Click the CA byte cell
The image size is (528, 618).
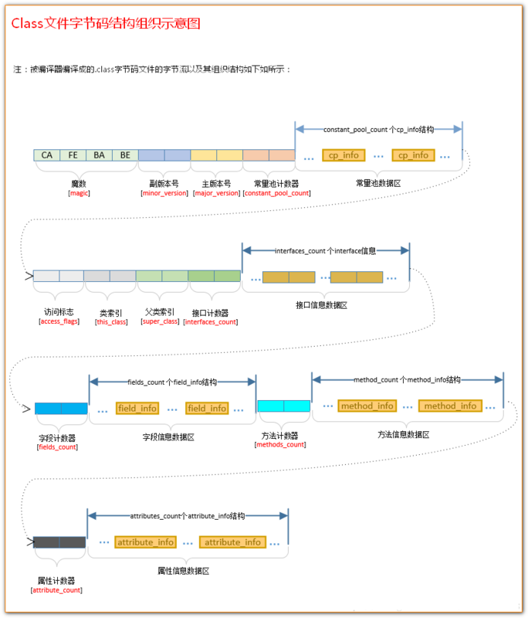(x=47, y=155)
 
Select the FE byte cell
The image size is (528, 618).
(x=73, y=155)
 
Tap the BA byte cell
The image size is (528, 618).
(x=99, y=155)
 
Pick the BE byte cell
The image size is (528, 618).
(x=125, y=155)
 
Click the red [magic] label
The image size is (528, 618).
(x=80, y=193)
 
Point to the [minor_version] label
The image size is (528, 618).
(x=164, y=193)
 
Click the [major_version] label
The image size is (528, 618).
(x=216, y=193)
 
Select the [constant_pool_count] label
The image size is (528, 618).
(x=276, y=193)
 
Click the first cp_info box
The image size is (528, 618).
(x=344, y=155)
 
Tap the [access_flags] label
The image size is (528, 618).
(x=59, y=321)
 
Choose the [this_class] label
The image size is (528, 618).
(x=110, y=321)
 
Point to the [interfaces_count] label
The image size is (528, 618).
(x=210, y=321)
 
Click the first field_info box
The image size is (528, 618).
(x=137, y=408)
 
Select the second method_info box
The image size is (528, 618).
(x=450, y=406)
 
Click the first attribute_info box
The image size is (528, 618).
(x=146, y=542)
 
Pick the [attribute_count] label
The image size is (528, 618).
(x=56, y=590)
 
